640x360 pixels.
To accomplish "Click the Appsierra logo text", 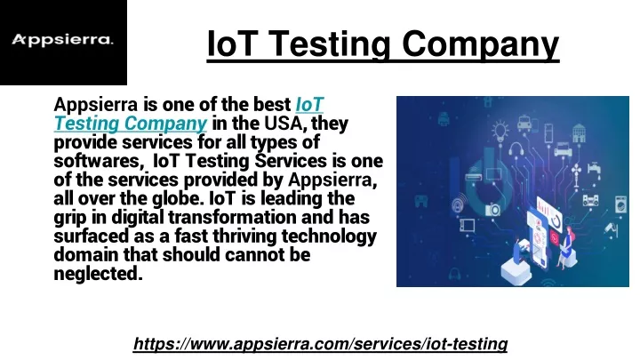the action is (x=62, y=40).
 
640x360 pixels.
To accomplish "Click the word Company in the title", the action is (x=480, y=44).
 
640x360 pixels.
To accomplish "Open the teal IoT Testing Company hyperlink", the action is (x=188, y=114).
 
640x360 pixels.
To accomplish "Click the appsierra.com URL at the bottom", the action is (x=320, y=344).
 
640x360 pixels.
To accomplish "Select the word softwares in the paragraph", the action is (x=97, y=161).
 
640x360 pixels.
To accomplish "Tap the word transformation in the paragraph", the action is (x=232, y=217).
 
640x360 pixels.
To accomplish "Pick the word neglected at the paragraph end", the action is (x=99, y=274).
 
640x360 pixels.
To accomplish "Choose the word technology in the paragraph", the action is (x=329, y=236).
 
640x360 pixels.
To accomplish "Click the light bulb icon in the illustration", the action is (x=500, y=131).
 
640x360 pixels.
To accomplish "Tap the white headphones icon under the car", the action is (x=516, y=149).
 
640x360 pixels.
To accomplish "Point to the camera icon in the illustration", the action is (x=492, y=210).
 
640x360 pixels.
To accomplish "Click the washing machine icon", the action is (x=620, y=204).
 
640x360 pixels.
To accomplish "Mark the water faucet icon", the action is (x=595, y=168).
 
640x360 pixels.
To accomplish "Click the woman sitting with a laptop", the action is (x=567, y=248).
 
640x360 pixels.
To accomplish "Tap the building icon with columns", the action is (x=580, y=133).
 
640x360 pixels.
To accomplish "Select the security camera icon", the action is (x=612, y=229).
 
